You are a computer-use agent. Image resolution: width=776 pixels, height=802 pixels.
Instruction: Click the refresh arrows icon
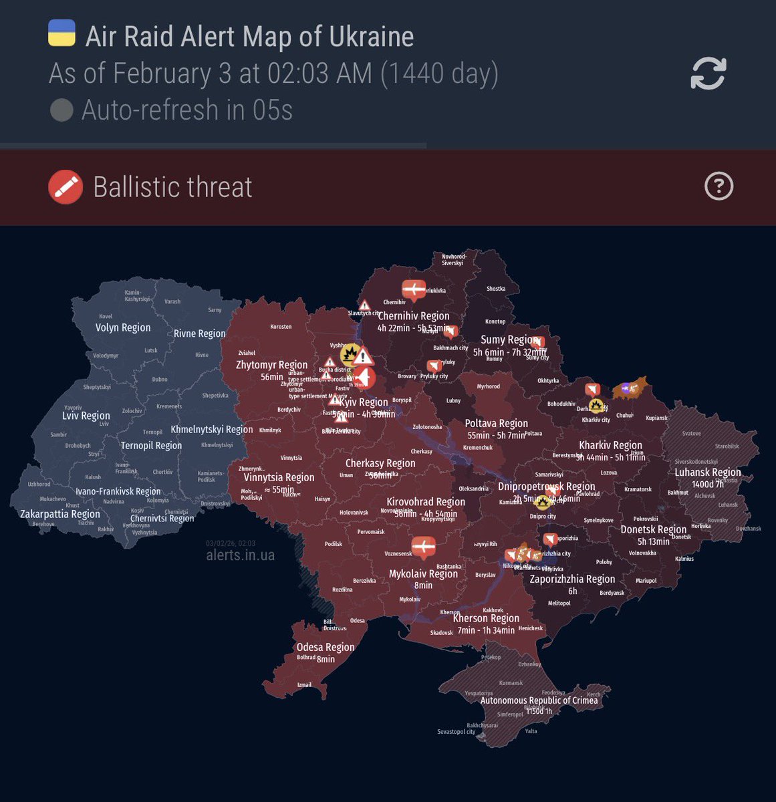pos(708,74)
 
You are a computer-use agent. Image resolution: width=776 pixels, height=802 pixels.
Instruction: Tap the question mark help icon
pos(719,186)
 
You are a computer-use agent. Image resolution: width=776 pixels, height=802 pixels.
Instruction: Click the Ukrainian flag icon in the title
pos(61,33)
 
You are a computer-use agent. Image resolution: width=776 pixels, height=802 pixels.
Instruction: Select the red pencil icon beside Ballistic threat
pos(66,187)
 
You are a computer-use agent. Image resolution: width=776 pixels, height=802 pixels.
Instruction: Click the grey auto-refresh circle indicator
pos(61,110)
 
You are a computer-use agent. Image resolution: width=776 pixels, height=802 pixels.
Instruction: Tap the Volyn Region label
pos(123,327)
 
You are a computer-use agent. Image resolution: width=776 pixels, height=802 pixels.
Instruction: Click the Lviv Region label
pos(86,416)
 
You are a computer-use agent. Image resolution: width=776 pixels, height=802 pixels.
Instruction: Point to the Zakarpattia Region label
pos(60,514)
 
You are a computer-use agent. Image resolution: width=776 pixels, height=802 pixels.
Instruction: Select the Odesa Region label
pos(326,647)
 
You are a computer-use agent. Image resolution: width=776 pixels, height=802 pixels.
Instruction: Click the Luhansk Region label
pos(708,472)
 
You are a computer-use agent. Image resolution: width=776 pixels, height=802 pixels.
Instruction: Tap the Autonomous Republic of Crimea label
pos(539,700)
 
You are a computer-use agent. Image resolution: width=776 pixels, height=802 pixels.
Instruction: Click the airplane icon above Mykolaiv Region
pos(423,547)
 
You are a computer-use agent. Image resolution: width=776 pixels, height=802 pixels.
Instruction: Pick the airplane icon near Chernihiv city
pos(414,290)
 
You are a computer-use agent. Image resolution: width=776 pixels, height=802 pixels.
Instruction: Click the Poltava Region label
pos(497,423)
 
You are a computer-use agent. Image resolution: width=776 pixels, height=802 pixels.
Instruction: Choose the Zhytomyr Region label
pos(272,365)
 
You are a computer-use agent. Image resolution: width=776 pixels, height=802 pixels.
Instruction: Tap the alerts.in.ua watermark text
pos(240,555)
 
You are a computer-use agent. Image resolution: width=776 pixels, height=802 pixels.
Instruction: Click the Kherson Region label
pos(486,618)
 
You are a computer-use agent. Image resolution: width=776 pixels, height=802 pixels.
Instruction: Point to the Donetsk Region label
pos(653,529)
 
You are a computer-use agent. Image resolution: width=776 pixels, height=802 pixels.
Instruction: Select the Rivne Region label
pos(200,333)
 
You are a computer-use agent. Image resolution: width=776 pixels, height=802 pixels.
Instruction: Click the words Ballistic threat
pos(173,187)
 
